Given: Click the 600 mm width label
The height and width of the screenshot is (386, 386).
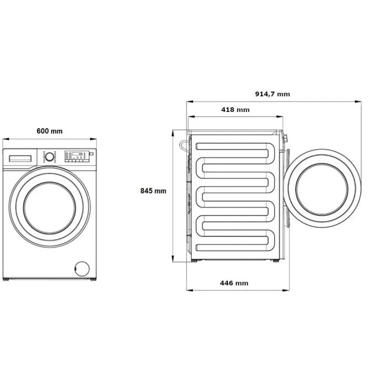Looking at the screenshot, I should point(50,131).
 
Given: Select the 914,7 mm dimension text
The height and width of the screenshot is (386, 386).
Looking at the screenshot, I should point(272,94).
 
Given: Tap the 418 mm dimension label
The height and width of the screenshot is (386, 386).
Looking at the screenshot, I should point(235,110).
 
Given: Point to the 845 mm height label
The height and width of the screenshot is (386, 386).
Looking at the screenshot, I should point(153,191).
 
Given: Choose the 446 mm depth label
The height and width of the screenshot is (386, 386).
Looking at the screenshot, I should point(234,283).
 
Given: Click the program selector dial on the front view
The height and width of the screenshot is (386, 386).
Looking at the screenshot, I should point(50,156).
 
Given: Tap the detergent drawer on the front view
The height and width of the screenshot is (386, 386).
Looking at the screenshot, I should point(20,158).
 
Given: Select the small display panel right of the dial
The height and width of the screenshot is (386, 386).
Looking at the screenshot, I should point(76,154).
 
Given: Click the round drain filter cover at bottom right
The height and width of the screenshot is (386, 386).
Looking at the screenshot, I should point(82,267).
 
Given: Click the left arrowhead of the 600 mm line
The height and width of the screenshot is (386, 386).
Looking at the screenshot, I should point(4,140).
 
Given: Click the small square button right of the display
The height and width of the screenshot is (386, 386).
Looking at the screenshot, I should point(91,154).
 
